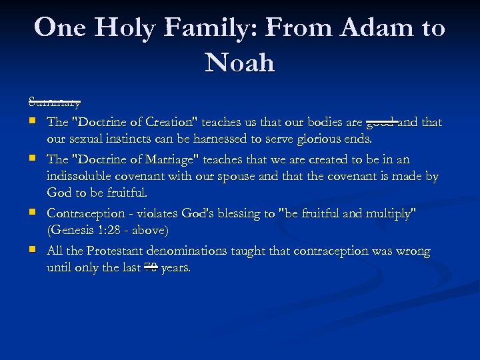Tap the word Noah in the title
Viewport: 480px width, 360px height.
240,63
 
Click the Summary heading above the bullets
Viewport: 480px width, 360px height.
55,103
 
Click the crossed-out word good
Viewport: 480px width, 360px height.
382,123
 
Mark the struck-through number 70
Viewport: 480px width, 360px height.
151,268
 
